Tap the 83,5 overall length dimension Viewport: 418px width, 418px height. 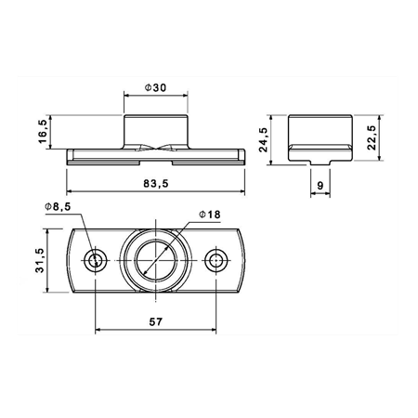pyautogui.click(x=156, y=184)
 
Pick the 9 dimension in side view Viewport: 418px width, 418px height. pyautogui.click(x=320, y=186)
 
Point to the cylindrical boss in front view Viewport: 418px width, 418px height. pyautogui.click(x=156, y=128)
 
